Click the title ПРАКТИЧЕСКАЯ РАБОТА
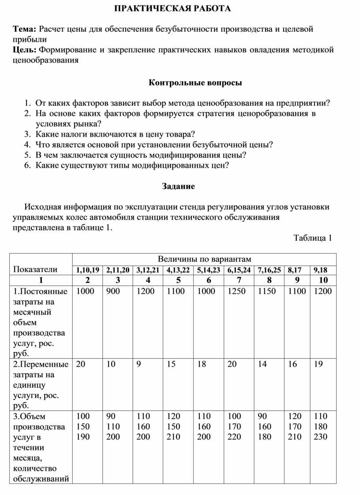(x=172, y=9)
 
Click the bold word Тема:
(x=25, y=29)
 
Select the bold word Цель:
(x=26, y=50)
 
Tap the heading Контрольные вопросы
(x=195, y=82)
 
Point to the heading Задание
(x=178, y=186)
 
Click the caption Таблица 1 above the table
(x=312, y=238)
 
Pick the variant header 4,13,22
(x=178, y=270)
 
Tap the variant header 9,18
(x=323, y=270)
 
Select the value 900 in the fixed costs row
(x=112, y=291)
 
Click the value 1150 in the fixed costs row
(x=266, y=291)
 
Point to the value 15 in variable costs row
(x=171, y=364)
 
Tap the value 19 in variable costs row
(x=319, y=364)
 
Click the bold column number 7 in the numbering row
(x=239, y=280)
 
